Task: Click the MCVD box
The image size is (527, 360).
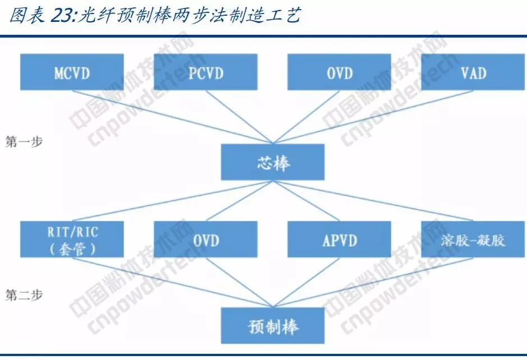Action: click(x=72, y=72)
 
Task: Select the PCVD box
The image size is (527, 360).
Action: click(x=205, y=72)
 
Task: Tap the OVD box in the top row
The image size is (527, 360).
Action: click(x=340, y=72)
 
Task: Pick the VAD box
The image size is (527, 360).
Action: click(x=473, y=72)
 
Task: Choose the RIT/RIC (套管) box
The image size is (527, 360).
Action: click(x=72, y=239)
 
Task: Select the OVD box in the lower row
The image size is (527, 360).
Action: click(x=205, y=239)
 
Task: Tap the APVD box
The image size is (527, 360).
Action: click(x=340, y=239)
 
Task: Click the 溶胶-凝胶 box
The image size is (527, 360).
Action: click(x=473, y=239)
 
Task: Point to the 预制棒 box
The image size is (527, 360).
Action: click(x=273, y=327)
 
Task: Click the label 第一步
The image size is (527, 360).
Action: click(x=24, y=141)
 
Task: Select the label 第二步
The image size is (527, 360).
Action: click(x=24, y=294)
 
